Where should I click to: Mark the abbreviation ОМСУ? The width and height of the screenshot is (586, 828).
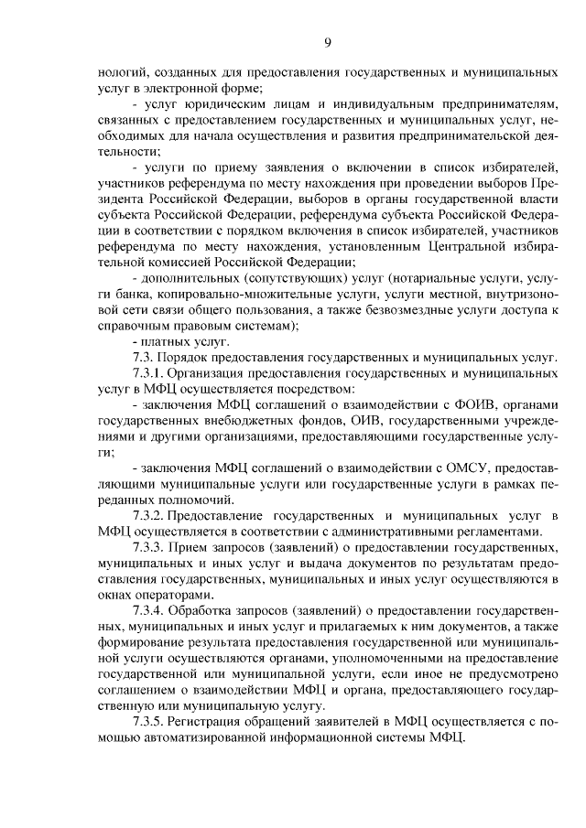(450, 466)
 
